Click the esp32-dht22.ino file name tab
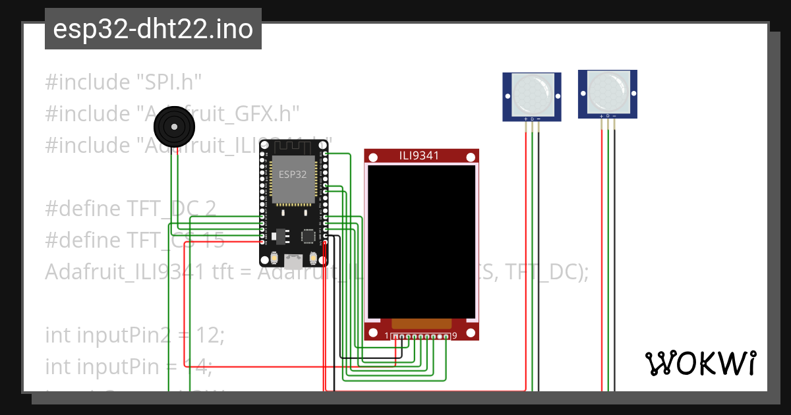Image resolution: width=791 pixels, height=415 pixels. click(153, 29)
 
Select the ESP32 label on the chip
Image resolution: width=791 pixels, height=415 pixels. click(292, 175)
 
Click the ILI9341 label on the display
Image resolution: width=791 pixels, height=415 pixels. click(421, 156)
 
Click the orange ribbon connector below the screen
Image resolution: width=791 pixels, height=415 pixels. click(421, 323)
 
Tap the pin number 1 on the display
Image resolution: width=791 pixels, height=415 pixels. click(387, 336)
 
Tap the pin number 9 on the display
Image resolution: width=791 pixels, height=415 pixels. click(455, 336)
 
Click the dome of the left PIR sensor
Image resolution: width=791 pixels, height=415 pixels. click(532, 92)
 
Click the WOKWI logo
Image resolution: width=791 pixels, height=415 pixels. click(699, 363)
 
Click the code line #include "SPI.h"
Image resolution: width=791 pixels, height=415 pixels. click(123, 82)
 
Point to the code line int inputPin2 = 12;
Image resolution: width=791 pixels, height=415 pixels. click(135, 335)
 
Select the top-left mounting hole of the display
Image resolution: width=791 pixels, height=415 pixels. click(373, 157)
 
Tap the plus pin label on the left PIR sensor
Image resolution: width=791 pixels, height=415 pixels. click(525, 119)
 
